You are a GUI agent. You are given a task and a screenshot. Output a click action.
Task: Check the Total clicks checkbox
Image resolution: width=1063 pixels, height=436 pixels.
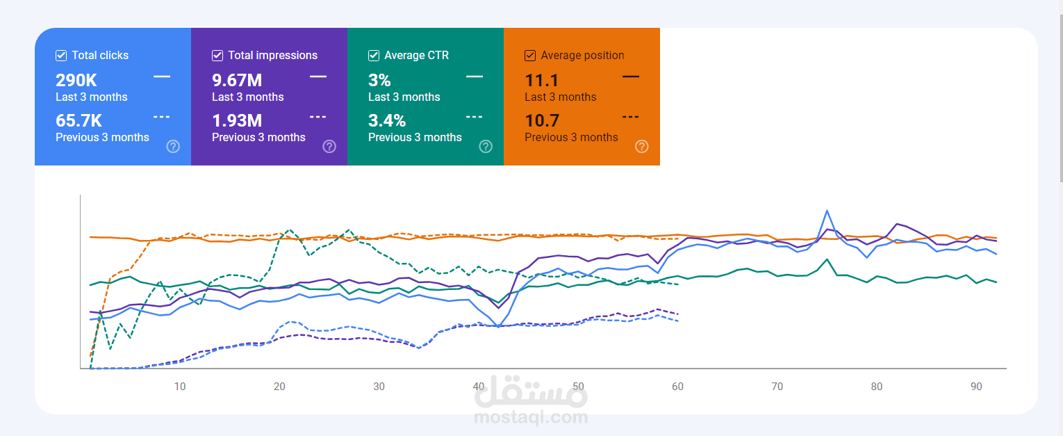coord(61,56)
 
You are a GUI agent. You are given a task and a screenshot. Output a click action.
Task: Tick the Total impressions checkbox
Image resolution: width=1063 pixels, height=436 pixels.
coord(217,56)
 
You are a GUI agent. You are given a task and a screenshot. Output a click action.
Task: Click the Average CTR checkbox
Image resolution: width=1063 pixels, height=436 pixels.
coord(374,56)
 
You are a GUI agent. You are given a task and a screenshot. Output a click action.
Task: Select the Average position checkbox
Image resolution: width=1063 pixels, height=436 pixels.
coord(530,56)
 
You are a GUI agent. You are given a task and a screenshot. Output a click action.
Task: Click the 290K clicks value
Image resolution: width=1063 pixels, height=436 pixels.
coord(76,80)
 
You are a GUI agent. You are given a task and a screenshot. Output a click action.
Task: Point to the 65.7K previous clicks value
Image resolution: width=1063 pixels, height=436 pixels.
coord(79,120)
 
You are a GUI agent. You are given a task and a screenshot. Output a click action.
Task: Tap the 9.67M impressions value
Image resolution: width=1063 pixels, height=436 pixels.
coord(237,80)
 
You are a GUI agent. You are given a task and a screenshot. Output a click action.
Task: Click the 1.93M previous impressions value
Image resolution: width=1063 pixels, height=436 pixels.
coord(237,120)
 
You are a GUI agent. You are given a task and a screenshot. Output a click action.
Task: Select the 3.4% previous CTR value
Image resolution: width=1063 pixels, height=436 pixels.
coord(386,120)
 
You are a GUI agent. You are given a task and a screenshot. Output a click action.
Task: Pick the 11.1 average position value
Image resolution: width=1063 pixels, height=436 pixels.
coord(542,80)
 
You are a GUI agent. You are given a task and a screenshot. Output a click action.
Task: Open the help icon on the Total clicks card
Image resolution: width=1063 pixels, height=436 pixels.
coord(173,146)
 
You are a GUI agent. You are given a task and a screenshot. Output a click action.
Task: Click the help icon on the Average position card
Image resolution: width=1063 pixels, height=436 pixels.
coord(642,146)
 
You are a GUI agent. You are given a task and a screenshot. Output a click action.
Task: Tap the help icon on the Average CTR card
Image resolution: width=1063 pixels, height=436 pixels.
coord(486,146)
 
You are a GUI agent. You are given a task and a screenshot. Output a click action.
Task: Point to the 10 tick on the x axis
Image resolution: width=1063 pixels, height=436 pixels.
coord(180,387)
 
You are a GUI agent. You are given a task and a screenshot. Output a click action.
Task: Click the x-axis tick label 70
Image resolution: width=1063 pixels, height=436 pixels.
coord(777,387)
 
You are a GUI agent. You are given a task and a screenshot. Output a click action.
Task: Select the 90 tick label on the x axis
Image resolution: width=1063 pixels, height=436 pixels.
coord(976,387)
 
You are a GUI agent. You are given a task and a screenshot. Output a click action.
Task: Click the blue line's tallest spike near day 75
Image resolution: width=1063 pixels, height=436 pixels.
coord(827,211)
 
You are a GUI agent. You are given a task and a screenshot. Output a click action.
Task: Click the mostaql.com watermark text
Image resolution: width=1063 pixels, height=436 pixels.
coord(531,417)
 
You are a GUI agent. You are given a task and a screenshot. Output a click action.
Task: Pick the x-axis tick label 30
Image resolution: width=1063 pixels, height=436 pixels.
coord(379,387)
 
